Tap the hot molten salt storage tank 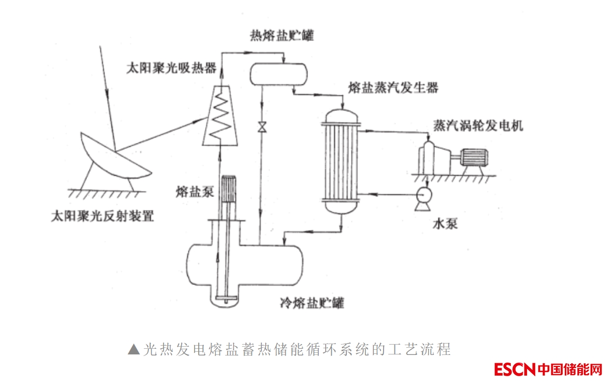pyautogui.click(x=279, y=74)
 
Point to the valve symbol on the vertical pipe pyautogui.click(x=262, y=126)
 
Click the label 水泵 pyautogui.click(x=445, y=224)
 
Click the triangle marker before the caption pyautogui.click(x=133, y=349)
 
